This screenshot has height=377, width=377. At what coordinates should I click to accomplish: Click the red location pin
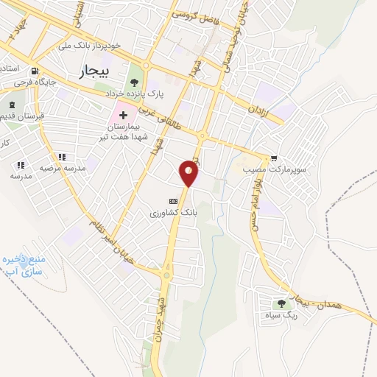click(190, 172)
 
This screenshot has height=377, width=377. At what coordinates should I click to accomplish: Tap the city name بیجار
click(92, 71)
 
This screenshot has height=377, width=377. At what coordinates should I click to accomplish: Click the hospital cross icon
click(123, 116)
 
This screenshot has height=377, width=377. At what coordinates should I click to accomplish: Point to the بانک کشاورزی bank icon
click(174, 200)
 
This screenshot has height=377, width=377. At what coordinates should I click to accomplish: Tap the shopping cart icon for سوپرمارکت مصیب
click(274, 158)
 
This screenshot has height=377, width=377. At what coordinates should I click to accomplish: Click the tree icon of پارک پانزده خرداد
click(134, 82)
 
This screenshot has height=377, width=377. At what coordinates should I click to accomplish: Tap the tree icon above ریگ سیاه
click(283, 304)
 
